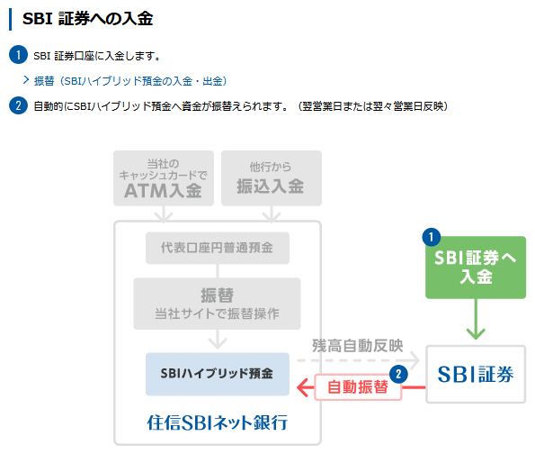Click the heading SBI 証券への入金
pyautogui.click(x=88, y=19)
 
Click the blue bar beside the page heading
pyautogui.click(x=10, y=20)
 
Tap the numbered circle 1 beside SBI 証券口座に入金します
pyautogui.click(x=18, y=55)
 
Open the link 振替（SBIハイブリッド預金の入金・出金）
pyautogui.click(x=130, y=81)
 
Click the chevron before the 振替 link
pyautogui.click(x=26, y=80)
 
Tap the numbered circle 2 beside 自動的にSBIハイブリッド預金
pyautogui.click(x=18, y=105)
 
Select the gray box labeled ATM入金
pyautogui.click(x=164, y=178)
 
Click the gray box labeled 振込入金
pyautogui.click(x=272, y=178)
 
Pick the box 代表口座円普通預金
pyautogui.click(x=218, y=248)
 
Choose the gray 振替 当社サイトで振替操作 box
pyautogui.click(x=217, y=304)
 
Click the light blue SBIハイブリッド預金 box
pyautogui.click(x=218, y=374)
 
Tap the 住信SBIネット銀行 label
pyautogui.click(x=218, y=422)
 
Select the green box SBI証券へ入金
pyautogui.click(x=476, y=268)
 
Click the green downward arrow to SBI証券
pyautogui.click(x=476, y=319)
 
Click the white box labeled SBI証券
pyautogui.click(x=476, y=374)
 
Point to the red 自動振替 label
pyautogui.click(x=358, y=387)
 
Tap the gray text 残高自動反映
pyautogui.click(x=358, y=346)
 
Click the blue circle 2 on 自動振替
pyautogui.click(x=398, y=375)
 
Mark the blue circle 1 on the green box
pyautogui.click(x=432, y=237)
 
